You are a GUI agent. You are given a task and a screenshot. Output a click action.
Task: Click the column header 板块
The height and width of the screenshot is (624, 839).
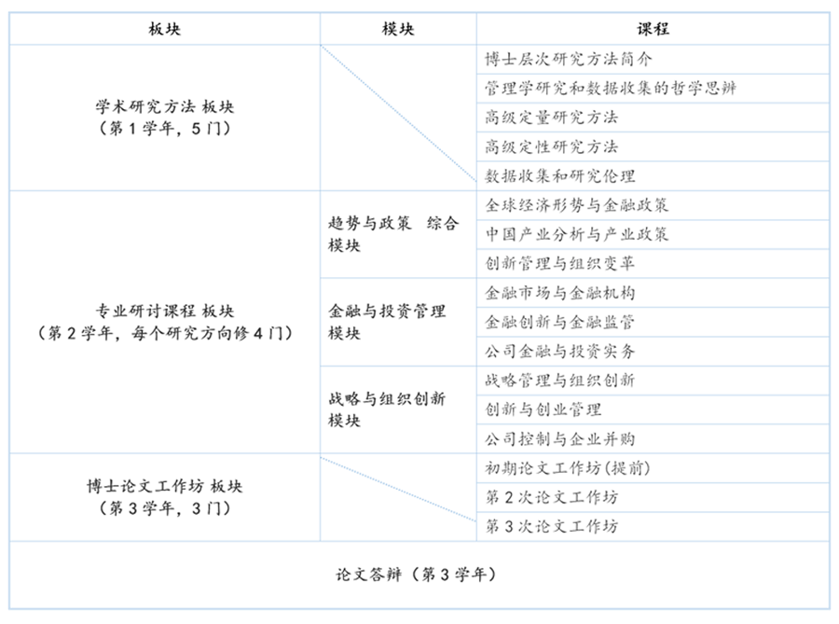tap(164, 29)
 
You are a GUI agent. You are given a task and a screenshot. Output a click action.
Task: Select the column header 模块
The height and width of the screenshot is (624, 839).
tap(398, 29)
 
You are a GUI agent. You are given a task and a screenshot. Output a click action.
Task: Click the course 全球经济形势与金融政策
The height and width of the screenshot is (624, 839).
tap(577, 205)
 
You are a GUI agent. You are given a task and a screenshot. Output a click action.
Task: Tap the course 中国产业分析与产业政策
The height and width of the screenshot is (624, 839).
tap(577, 234)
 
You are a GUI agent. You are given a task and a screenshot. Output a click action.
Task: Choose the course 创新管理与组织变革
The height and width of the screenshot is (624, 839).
tap(560, 264)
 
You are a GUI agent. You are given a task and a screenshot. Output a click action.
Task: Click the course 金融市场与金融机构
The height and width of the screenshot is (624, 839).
tap(560, 293)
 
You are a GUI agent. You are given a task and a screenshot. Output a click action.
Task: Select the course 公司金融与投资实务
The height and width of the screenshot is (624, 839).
tap(560, 352)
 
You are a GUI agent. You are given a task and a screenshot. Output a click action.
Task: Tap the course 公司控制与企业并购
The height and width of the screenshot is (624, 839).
tap(560, 438)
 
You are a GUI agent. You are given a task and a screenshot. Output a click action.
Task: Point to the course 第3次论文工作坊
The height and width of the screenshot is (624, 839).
tap(551, 526)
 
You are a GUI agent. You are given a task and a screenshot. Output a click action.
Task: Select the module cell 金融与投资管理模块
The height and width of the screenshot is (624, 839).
tap(388, 323)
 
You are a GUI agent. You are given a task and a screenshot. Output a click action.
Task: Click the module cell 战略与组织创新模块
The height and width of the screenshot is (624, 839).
tap(388, 409)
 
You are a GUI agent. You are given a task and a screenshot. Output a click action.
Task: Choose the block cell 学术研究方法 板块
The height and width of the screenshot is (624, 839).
tap(164, 118)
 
